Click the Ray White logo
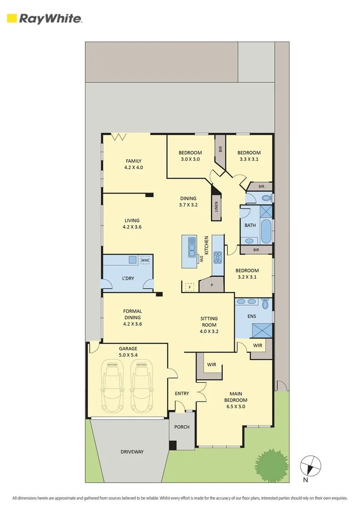pyautogui.click(x=44, y=18)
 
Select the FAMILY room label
pyautogui.click(x=133, y=161)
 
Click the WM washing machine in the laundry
pyautogui.click(x=145, y=260)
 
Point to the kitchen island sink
pyautogui.click(x=192, y=247)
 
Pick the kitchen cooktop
pyautogui.click(x=218, y=257)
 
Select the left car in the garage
pyautogui.click(x=113, y=386)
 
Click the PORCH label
pyautogui.click(x=182, y=427)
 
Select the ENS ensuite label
pyautogui.click(x=252, y=316)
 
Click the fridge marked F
pyautogui.click(x=189, y=287)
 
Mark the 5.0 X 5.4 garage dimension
pyautogui.click(x=128, y=354)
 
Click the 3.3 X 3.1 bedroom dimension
pyautogui.click(x=249, y=159)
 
